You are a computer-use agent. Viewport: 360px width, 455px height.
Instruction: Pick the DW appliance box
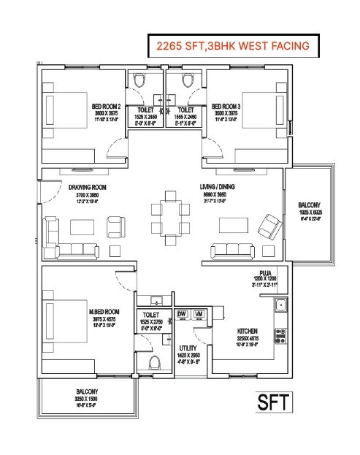tap(182, 314)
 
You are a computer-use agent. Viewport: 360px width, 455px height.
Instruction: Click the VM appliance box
tap(198, 314)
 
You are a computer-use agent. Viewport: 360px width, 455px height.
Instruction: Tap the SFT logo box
tap(274, 402)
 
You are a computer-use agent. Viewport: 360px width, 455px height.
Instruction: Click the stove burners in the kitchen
tap(279, 335)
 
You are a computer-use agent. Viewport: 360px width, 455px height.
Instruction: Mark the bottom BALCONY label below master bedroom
tap(85, 392)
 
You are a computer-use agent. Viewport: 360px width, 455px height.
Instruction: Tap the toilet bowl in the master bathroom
tap(153, 363)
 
